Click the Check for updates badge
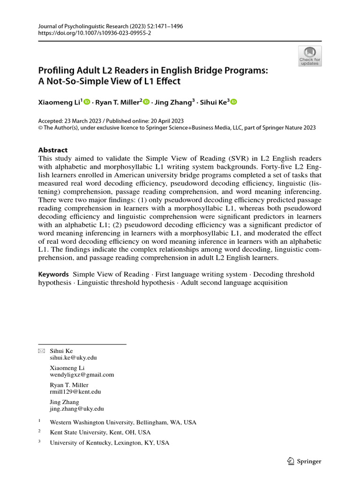pos(310,56)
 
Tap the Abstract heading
pos(52,150)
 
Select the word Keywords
pos(53,274)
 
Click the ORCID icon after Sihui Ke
pos(234,102)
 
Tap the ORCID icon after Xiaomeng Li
pos(87,102)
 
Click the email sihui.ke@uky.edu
pos(74,357)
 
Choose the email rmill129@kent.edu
pos(75,391)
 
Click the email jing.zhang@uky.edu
pos(77,409)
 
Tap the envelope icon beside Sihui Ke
pos(41,351)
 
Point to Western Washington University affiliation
pos(123,422)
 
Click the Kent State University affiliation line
pos(100,433)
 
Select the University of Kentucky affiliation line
pos(109,443)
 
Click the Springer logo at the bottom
pos(304,461)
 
